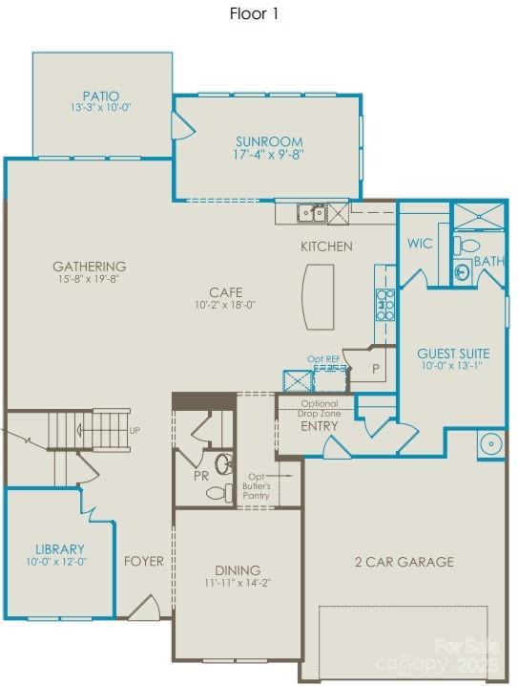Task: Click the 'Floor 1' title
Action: point(254,13)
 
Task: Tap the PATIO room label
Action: point(101,96)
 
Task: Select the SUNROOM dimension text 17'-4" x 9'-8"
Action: point(268,154)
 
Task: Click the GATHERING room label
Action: point(89,267)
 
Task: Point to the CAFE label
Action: point(226,292)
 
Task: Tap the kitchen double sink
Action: point(310,213)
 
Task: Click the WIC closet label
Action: point(420,244)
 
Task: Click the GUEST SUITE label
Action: point(453,353)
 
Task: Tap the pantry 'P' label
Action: point(376,367)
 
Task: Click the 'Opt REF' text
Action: point(323,359)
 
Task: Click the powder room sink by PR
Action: point(223,464)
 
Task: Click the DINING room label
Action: point(237,569)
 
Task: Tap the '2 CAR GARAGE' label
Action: point(404,562)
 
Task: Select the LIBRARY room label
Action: point(60,549)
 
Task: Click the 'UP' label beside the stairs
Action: point(135,431)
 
